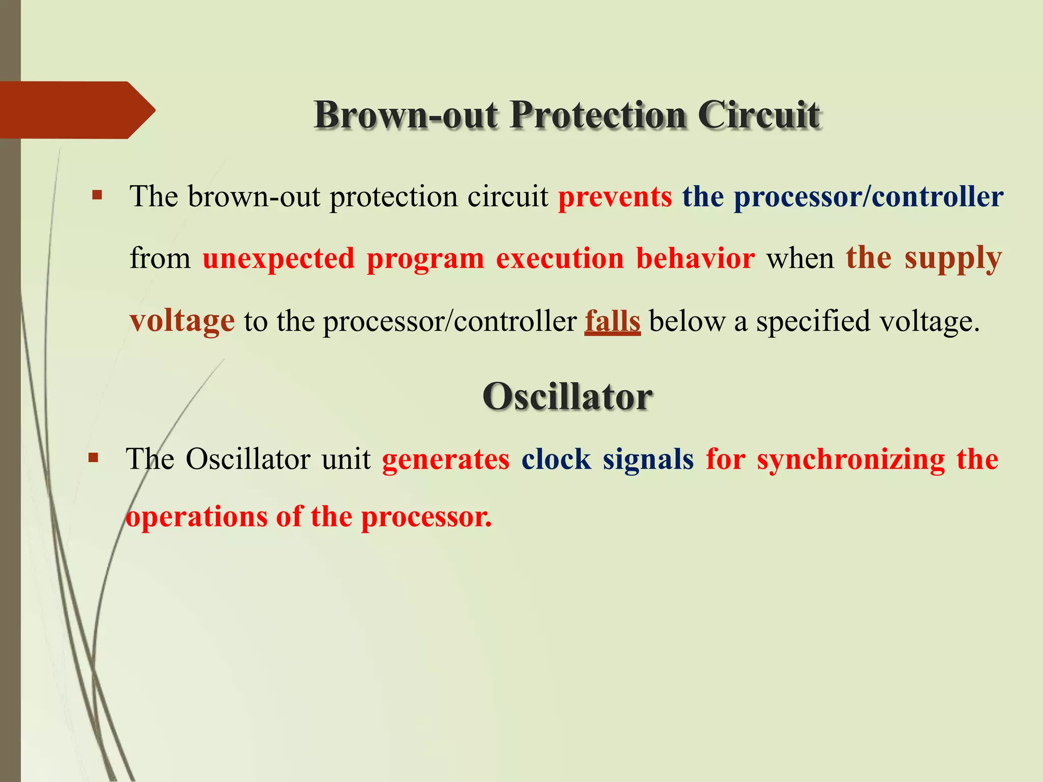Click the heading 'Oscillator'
pos(567,397)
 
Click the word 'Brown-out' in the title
pos(405,115)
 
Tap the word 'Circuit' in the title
pos(758,115)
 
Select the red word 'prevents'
pos(615,197)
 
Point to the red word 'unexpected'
pos(278,259)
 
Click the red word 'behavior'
pos(695,259)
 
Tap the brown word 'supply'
pos(953,259)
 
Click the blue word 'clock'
pos(556,460)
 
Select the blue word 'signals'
pos(648,460)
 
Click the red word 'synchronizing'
pos(850,460)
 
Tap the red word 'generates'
pos(446,460)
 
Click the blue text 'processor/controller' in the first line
pos(868,197)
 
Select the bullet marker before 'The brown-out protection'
pos(97,195)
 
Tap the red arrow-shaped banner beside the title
pos(71,110)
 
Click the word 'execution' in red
pos(560,259)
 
